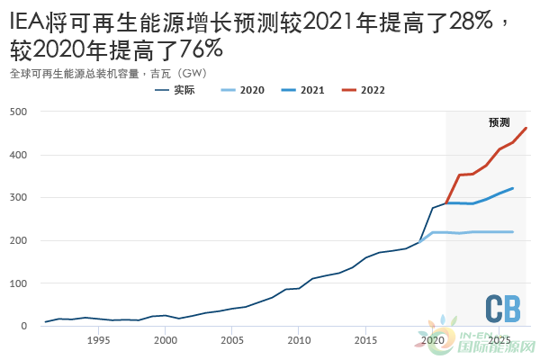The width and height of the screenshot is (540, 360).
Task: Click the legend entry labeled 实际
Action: tap(184, 91)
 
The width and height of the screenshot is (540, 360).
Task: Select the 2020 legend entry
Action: tap(250, 91)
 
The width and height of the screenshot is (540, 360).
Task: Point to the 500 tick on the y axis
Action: tap(18, 112)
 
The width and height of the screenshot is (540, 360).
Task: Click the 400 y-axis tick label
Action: tap(18, 155)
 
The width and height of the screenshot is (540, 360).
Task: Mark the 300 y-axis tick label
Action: tap(18, 197)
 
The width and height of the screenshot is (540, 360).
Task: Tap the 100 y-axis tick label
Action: tap(18, 283)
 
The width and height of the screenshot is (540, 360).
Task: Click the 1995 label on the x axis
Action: tap(98, 340)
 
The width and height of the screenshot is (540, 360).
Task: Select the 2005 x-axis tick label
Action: tap(232, 340)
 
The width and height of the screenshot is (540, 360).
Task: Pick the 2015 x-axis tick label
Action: tap(365, 340)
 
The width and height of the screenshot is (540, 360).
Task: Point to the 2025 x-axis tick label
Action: tap(499, 340)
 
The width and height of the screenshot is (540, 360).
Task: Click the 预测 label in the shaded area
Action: tap(499, 122)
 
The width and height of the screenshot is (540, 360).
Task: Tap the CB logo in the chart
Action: tap(503, 309)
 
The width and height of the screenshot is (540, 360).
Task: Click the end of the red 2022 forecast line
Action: tap(526, 128)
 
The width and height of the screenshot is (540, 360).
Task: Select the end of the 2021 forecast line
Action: tap(513, 188)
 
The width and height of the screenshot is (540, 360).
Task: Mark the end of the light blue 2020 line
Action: tap(513, 232)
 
